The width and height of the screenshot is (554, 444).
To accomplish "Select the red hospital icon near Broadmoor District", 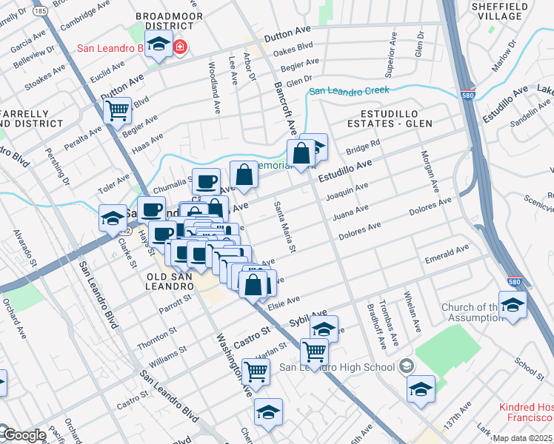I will [x=180, y=48].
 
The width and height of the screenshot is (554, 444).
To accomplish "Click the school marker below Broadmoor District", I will [x=158, y=45].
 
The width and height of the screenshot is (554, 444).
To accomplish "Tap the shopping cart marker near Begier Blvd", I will [x=117, y=110].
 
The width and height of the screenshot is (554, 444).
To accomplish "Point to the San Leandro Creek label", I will [x=349, y=91].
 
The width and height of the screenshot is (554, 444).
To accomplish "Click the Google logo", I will [x=23, y=436].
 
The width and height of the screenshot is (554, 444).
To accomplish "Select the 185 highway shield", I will [x=39, y=12].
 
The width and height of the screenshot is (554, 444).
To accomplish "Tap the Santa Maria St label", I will [x=284, y=227].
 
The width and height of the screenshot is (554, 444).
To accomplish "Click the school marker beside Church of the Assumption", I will [x=512, y=305].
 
